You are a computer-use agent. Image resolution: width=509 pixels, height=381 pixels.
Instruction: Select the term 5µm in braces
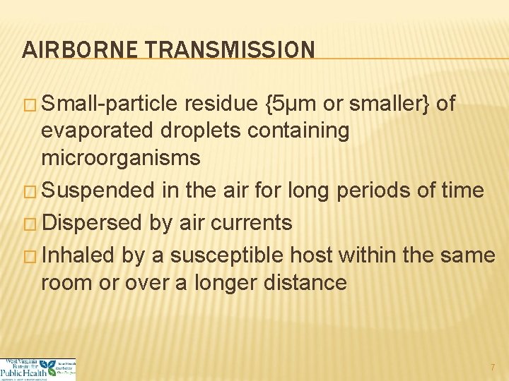292,105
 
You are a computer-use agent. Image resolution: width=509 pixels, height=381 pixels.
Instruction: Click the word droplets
189,131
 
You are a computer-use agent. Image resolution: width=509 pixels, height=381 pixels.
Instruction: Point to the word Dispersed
92,223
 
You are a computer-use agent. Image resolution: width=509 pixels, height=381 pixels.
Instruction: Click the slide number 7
493,368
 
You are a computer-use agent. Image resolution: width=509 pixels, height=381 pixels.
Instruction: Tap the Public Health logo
38,369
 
